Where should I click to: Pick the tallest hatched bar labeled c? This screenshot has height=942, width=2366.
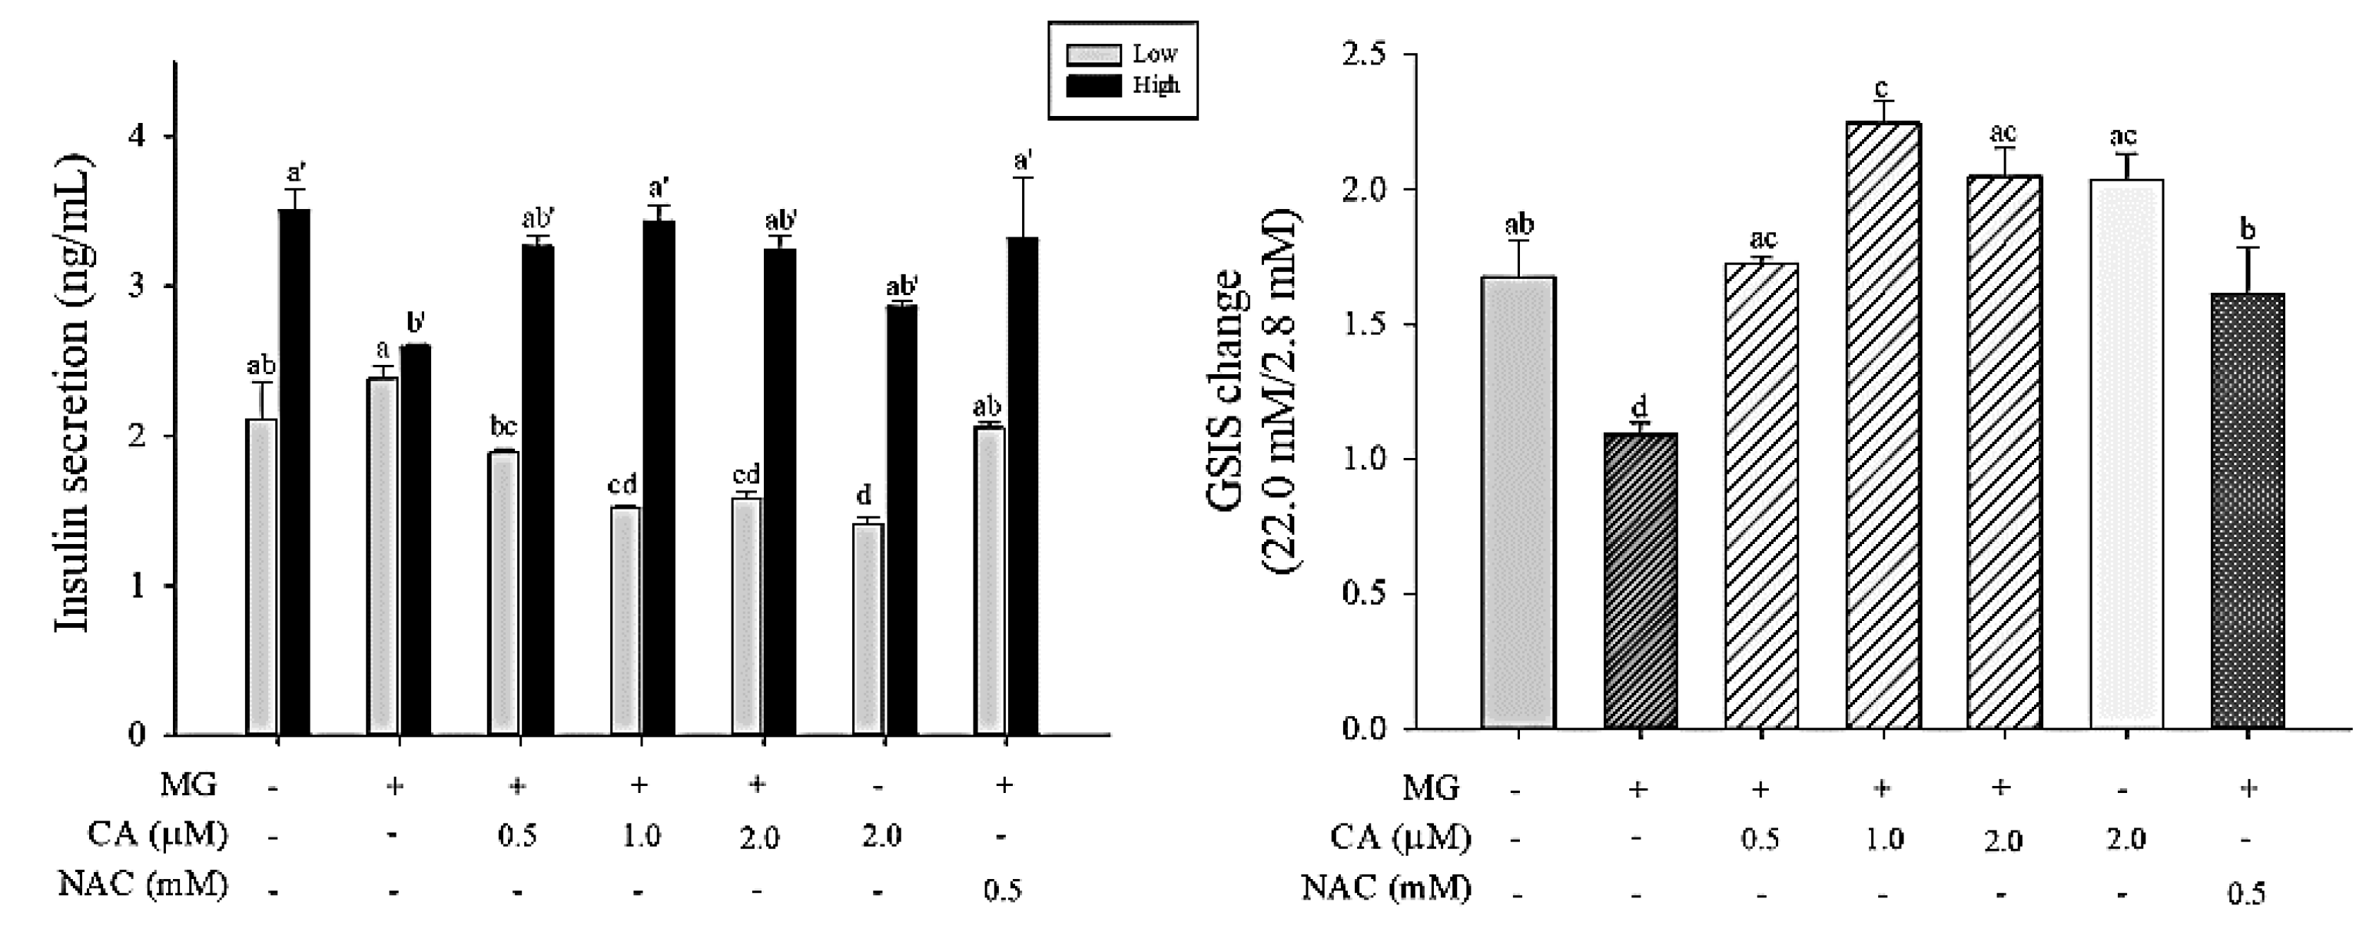1882,425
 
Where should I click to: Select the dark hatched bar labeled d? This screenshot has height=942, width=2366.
1640,580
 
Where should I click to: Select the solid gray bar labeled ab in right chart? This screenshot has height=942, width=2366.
1518,503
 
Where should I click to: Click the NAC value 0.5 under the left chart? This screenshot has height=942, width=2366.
1002,891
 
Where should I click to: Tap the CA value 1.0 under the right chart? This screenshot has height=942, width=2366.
1882,839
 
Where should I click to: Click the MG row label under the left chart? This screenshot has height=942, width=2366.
188,785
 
